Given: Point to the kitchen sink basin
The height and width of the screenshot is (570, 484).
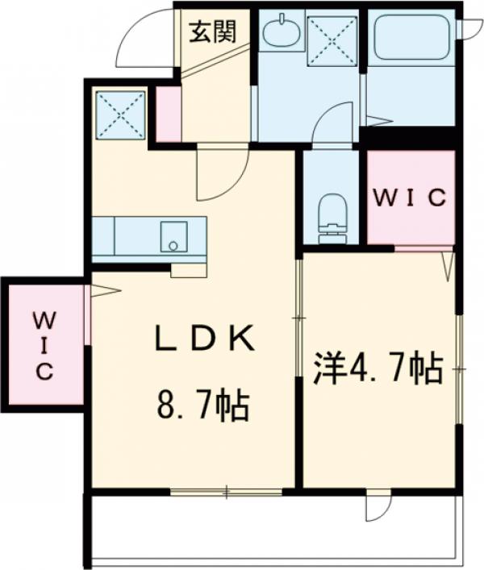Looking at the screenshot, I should click(172, 235).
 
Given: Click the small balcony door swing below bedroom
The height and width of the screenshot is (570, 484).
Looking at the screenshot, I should click(378, 506).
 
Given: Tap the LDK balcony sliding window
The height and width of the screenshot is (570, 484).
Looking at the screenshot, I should click(227, 490).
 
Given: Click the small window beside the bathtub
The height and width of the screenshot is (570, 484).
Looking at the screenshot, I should click(467, 27).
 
